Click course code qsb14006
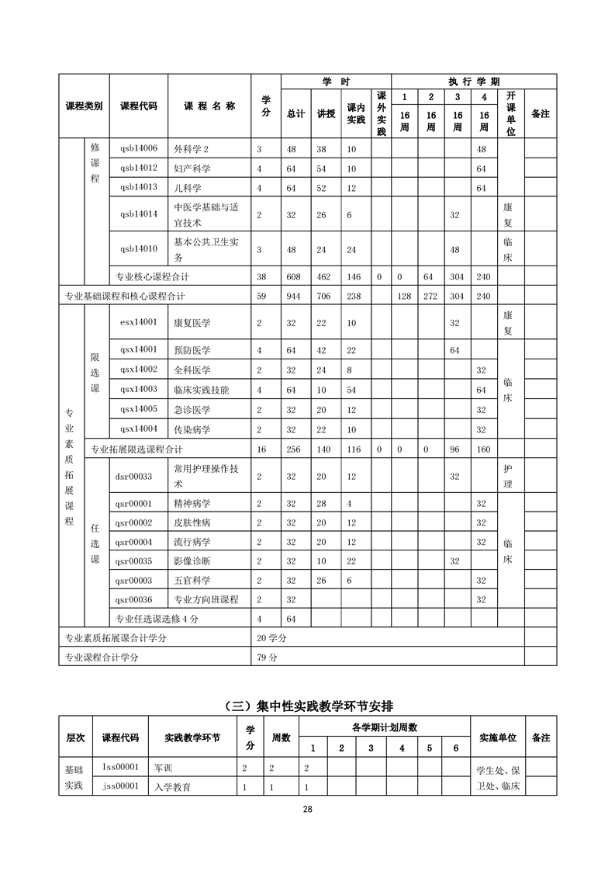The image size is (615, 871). click(139, 148)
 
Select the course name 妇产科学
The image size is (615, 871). click(192, 168)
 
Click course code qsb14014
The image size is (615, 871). click(139, 213)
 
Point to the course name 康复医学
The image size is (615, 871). click(192, 322)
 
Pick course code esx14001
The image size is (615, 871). click(139, 322)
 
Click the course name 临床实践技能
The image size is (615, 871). click(201, 390)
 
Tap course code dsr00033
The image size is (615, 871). click(134, 477)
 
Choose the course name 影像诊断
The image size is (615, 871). click(192, 561)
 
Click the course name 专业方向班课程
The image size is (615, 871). click(206, 600)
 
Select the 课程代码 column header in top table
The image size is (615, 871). click(139, 106)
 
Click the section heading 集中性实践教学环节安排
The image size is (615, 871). click(308, 706)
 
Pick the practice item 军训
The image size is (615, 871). click(164, 768)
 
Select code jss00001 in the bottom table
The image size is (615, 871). click(120, 786)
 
